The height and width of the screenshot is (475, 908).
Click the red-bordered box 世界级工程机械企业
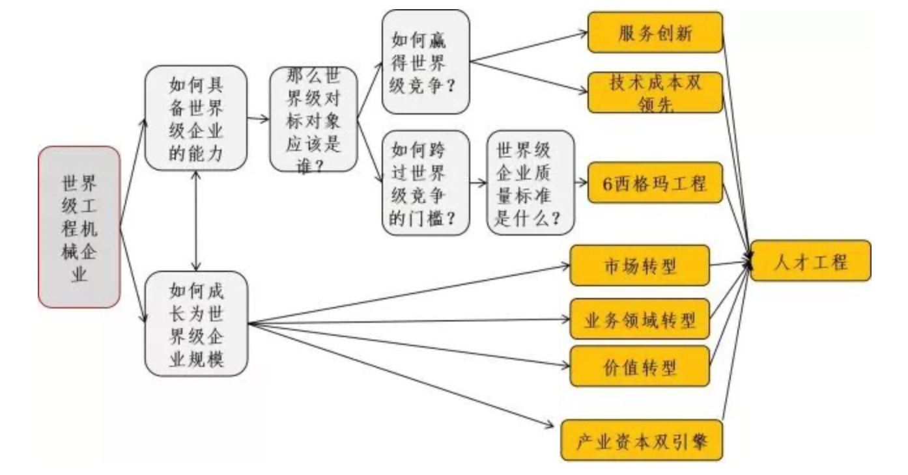pos(79,227)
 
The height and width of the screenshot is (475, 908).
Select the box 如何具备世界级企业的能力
pos(196,118)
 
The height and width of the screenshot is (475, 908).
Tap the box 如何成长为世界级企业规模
pos(196,324)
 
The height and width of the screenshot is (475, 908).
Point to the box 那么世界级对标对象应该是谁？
pos(314,119)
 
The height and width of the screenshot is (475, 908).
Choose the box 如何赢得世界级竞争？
pos(426,61)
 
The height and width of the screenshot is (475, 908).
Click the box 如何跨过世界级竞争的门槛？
pos(426,183)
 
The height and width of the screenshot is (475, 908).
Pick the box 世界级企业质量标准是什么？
pos(531,183)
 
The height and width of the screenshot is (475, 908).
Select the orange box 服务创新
pos(655,33)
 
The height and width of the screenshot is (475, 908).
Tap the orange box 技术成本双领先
pos(655,92)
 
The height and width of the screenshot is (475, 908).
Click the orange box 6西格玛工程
pos(655,183)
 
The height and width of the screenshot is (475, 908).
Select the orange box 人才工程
pos(810,262)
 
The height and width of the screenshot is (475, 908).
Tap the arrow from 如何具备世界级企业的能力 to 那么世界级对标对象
pos(259,119)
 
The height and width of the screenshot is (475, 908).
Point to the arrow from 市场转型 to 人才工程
pos(730,264)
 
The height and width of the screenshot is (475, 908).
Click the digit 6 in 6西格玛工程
pos(608,183)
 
